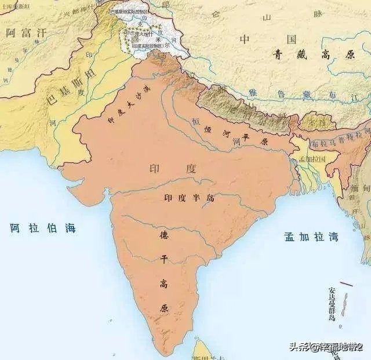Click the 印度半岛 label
pyautogui.click(x=189, y=198)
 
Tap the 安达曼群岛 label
pyautogui.click(x=332, y=303)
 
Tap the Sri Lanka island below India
pyautogui.click(x=203, y=351)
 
